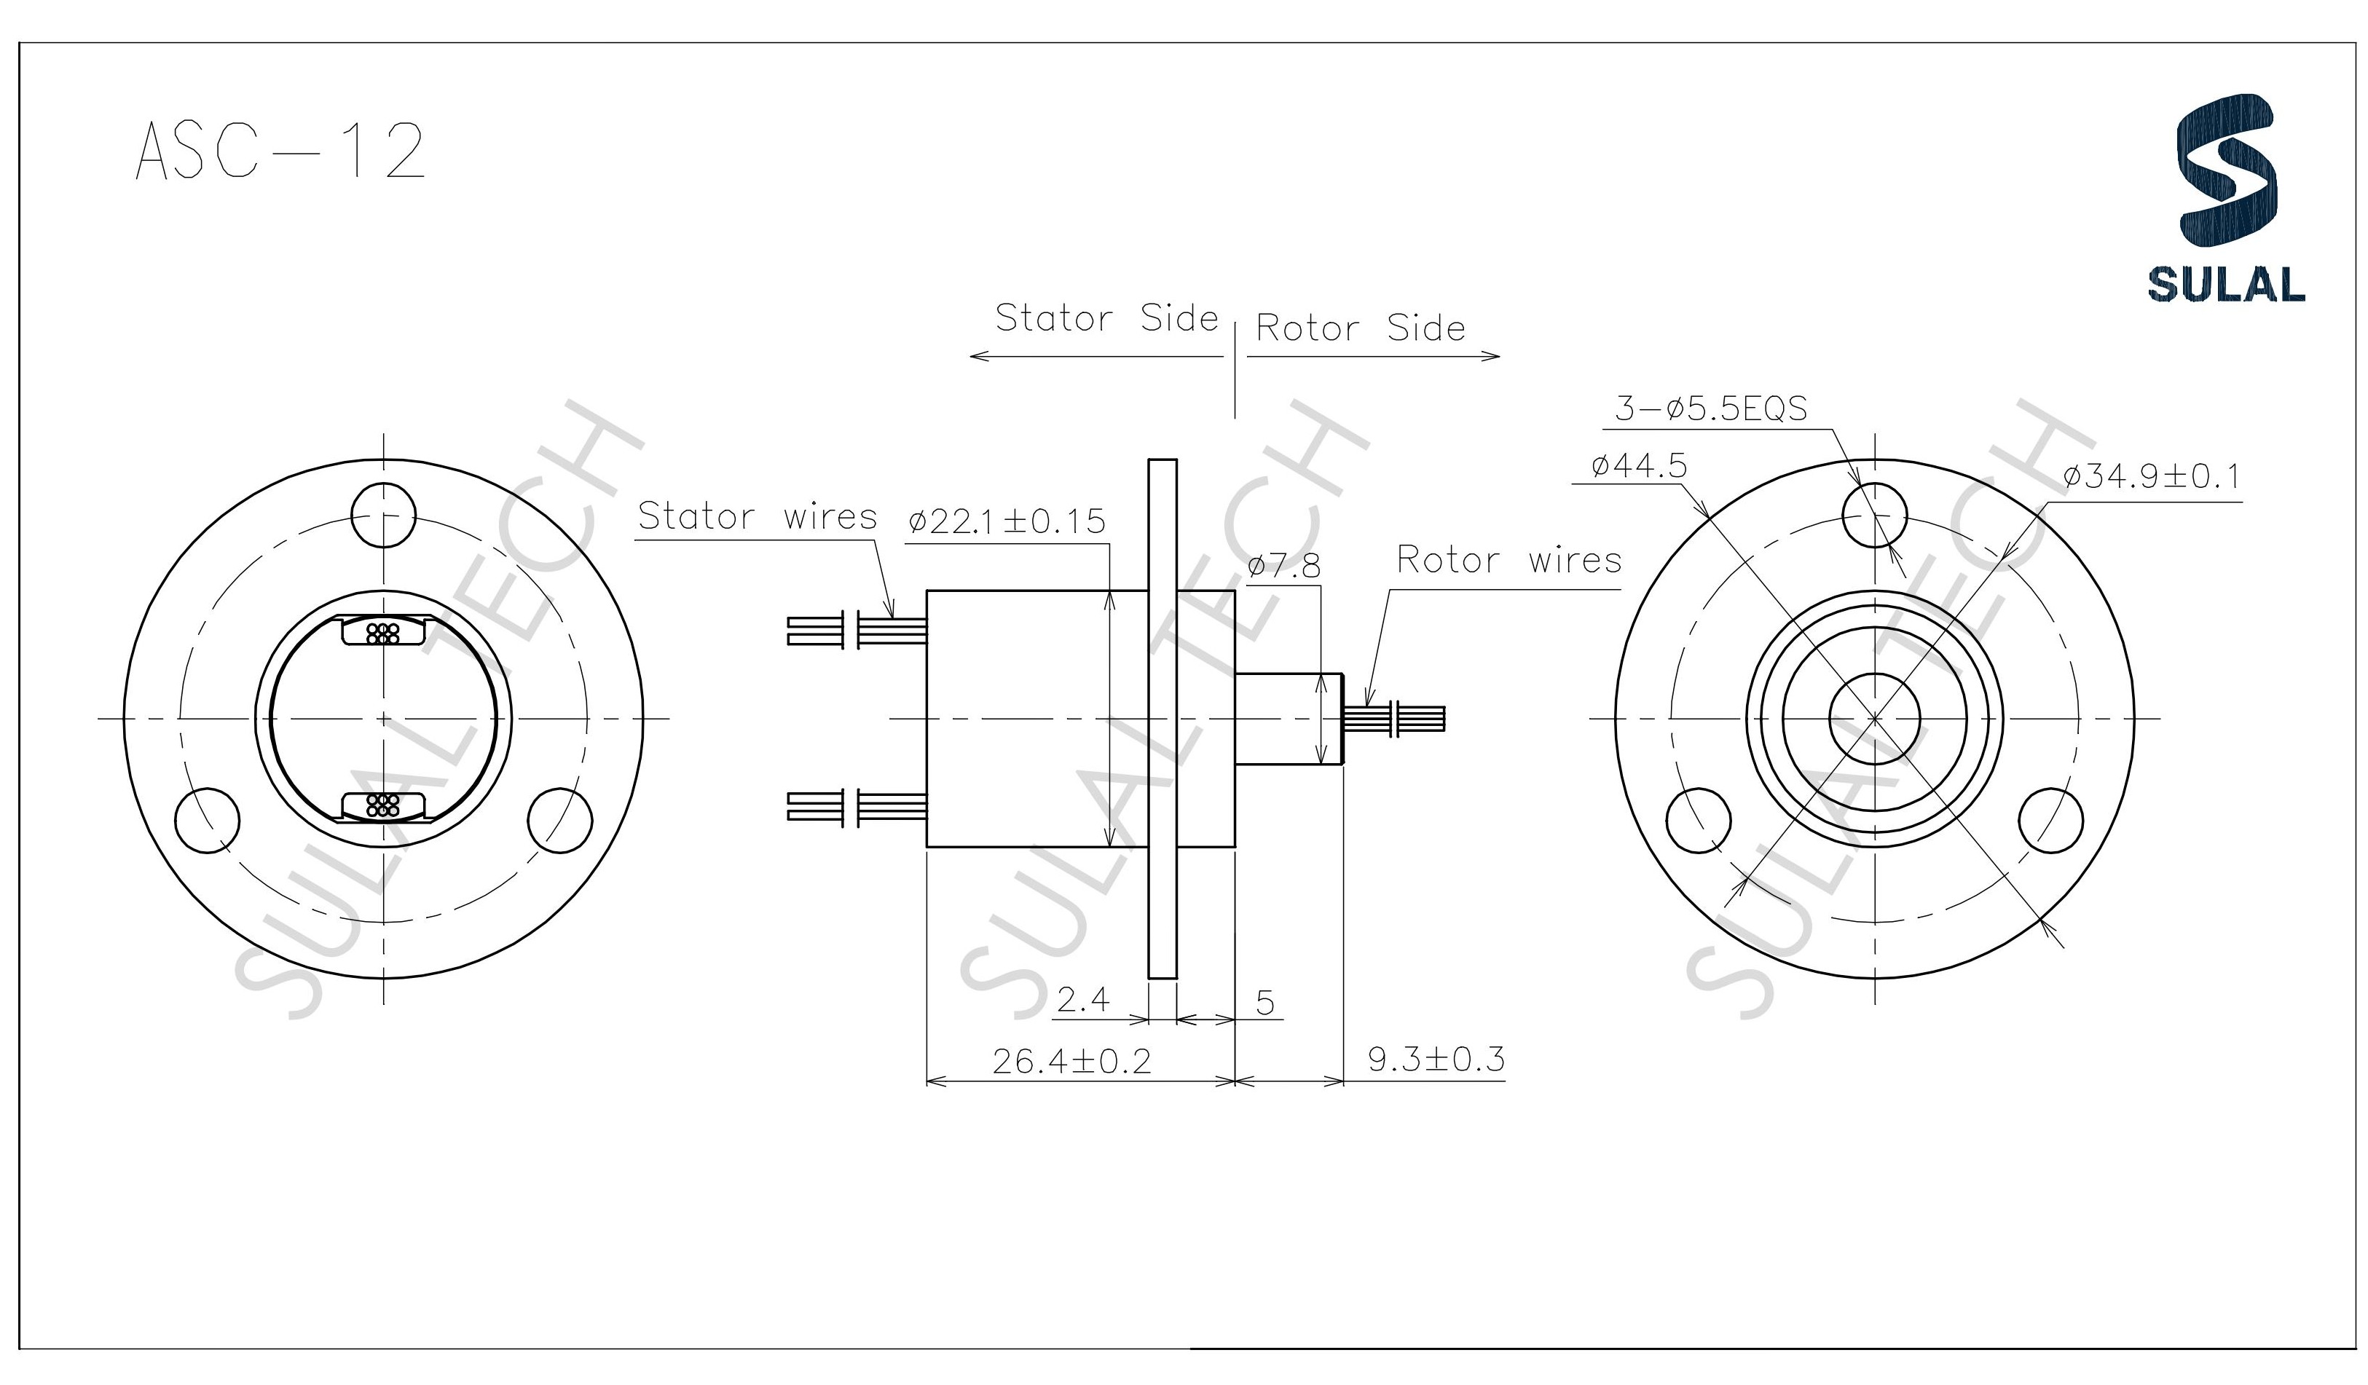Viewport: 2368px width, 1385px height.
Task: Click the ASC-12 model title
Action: click(280, 150)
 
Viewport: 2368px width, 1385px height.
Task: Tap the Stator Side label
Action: click(1106, 318)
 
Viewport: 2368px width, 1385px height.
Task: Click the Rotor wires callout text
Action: click(1508, 560)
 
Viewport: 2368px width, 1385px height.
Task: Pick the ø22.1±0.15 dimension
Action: click(1007, 521)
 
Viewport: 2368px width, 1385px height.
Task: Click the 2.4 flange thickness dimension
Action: click(1082, 1001)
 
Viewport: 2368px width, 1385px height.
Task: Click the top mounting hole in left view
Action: click(382, 515)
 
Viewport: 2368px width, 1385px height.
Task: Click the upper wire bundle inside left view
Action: click(382, 634)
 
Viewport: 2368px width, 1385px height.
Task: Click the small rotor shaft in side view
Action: click(1287, 719)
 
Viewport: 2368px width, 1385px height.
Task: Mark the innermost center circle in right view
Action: click(1875, 719)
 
